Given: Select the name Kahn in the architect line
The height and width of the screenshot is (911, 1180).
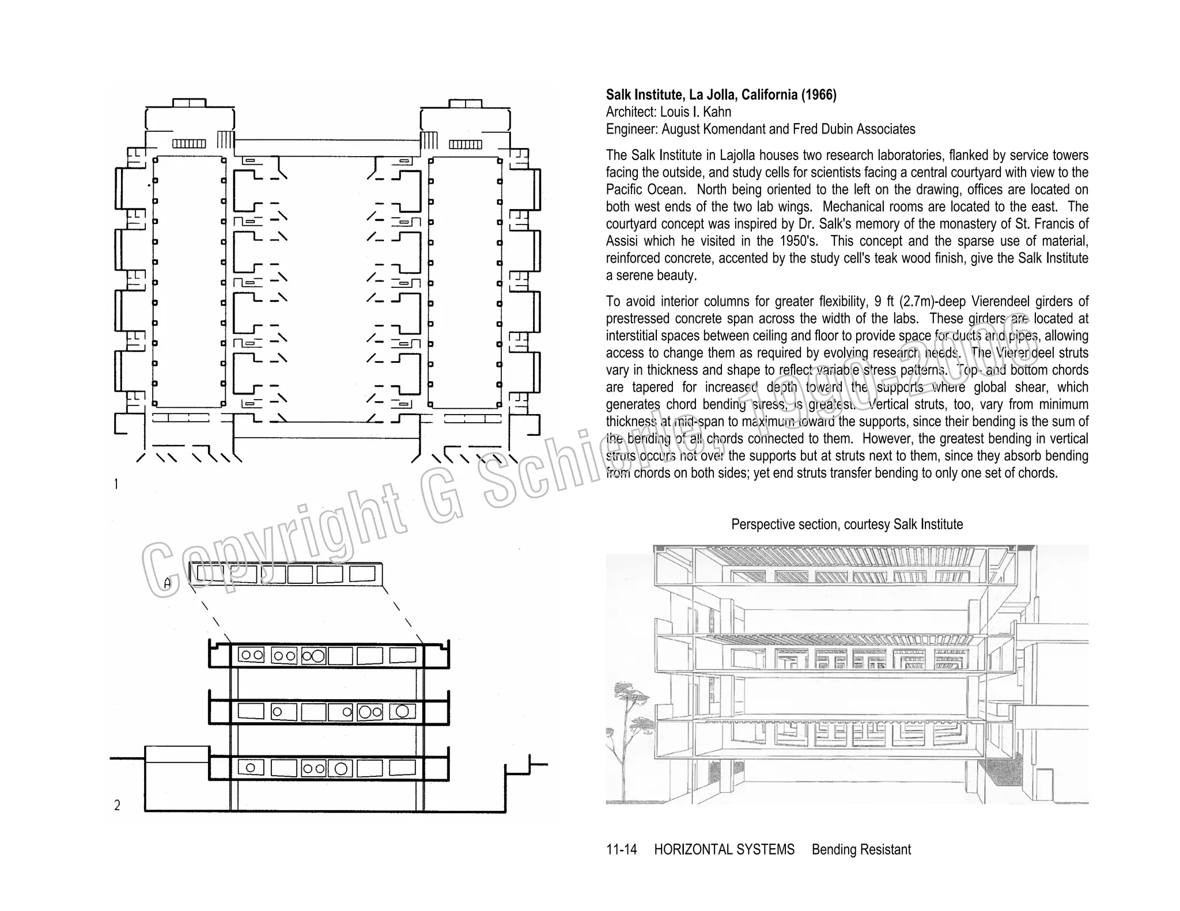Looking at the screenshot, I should (717, 112).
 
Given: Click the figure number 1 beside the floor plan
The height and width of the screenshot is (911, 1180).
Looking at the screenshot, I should (116, 484).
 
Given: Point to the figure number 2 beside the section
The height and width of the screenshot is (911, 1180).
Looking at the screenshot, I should (117, 806).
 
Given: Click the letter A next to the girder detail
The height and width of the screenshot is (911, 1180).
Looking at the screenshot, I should (167, 583).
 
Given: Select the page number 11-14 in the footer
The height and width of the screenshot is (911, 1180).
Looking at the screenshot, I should (621, 849).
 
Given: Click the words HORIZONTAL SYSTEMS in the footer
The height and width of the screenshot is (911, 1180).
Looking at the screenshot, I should (724, 849).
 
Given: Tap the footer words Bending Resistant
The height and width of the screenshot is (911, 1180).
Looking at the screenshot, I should (861, 849).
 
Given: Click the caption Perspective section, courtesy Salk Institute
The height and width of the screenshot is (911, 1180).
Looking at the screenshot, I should (847, 525).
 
